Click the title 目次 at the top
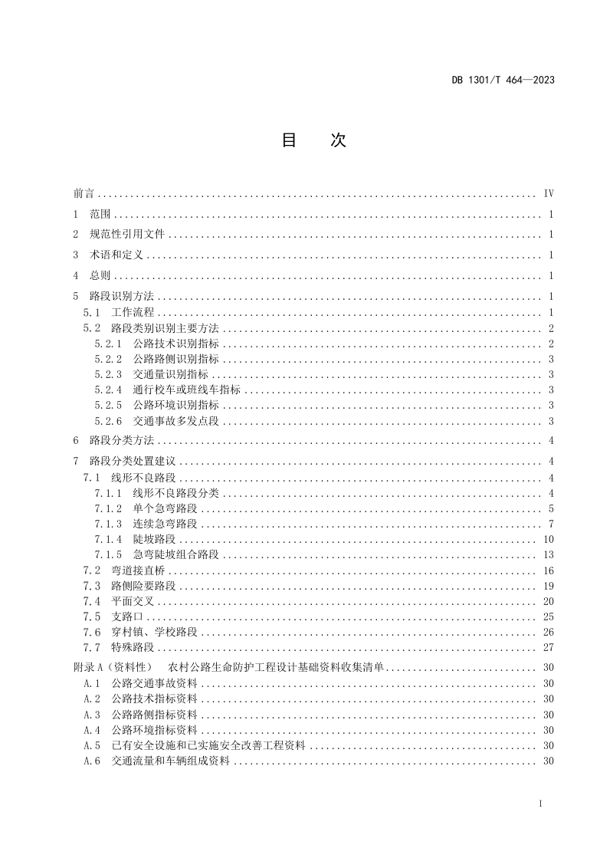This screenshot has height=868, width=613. tap(314, 140)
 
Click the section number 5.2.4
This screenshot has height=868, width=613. tap(108, 390)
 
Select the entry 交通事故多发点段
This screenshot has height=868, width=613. tap(175, 420)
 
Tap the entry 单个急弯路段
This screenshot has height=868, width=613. tap(165, 508)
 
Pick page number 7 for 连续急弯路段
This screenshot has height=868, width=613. tap(551, 524)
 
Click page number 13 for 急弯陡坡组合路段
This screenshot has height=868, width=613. tap(549, 554)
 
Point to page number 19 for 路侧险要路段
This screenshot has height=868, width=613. tap(549, 586)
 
